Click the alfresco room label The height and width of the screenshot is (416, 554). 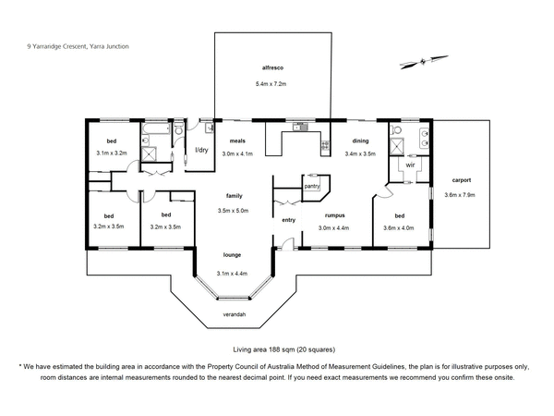coord(271,68)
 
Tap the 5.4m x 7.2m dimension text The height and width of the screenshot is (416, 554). coord(271,85)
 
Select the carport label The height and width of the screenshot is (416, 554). coord(464,179)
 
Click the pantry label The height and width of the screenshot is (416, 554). coord(311,186)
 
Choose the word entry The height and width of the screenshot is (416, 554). coord(289,219)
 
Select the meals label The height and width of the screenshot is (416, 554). coord(238,141)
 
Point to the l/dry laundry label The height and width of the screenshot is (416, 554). coord(199,151)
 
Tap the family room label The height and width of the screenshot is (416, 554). coord(234,196)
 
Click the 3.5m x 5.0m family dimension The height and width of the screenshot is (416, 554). coord(234,211)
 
